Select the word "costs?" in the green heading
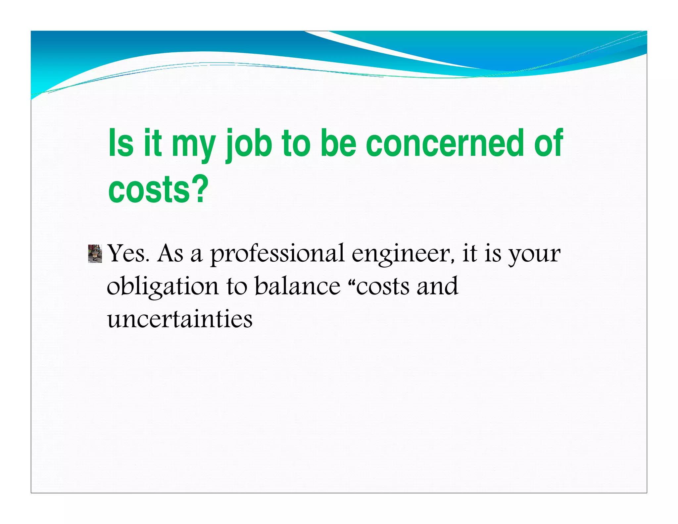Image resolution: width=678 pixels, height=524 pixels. pos(158,189)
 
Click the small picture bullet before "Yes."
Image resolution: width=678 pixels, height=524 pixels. pos(95,254)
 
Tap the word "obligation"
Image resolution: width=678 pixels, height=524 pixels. pos(162,287)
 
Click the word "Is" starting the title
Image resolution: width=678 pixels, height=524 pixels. pos(121,143)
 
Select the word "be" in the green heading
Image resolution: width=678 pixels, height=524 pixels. pos(338,143)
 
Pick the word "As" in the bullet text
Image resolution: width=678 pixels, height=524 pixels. pos(170,254)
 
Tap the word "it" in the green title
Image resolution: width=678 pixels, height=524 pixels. pos(153,143)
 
